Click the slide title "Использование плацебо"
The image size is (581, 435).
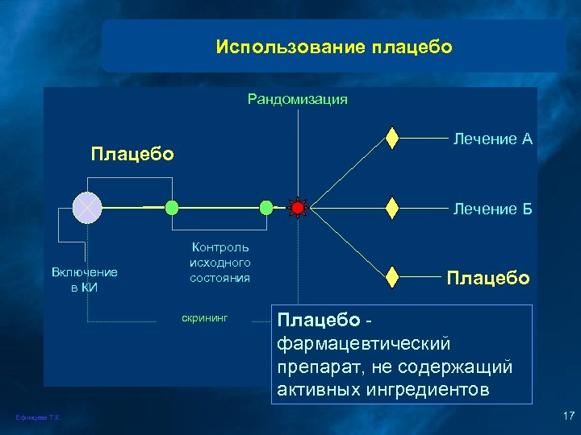tap(334, 48)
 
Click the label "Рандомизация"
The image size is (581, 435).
tap(297, 99)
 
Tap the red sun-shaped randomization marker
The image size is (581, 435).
tap(298, 208)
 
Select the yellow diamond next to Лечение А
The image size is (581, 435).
tap(392, 139)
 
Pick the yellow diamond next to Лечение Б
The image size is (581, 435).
tap(392, 208)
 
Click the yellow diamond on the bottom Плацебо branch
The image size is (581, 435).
tap(392, 276)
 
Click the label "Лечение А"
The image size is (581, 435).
tap(492, 139)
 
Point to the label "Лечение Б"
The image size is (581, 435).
tap(492, 209)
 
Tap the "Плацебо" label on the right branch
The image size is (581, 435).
tap(488, 278)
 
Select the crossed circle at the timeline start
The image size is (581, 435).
tap(85, 208)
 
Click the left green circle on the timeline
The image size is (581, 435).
tap(171, 208)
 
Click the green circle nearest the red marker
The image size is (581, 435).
tap(266, 208)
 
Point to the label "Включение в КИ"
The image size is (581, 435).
tap(85, 280)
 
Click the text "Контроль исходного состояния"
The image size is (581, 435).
tap(220, 263)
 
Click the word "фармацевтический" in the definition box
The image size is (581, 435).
tap(363, 344)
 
